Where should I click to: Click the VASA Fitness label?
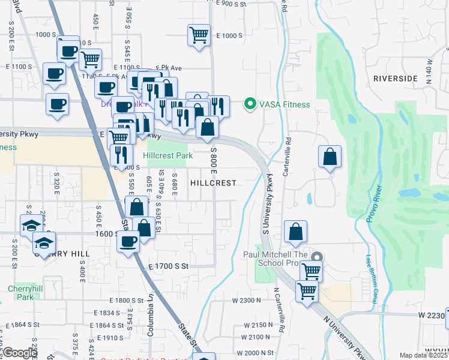[284, 104]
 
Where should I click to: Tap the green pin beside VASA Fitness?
[250, 104]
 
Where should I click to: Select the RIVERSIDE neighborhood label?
[395, 79]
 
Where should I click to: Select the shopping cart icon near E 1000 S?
[199, 34]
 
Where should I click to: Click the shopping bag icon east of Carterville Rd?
[330, 157]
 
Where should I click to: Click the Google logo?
[19, 353]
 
